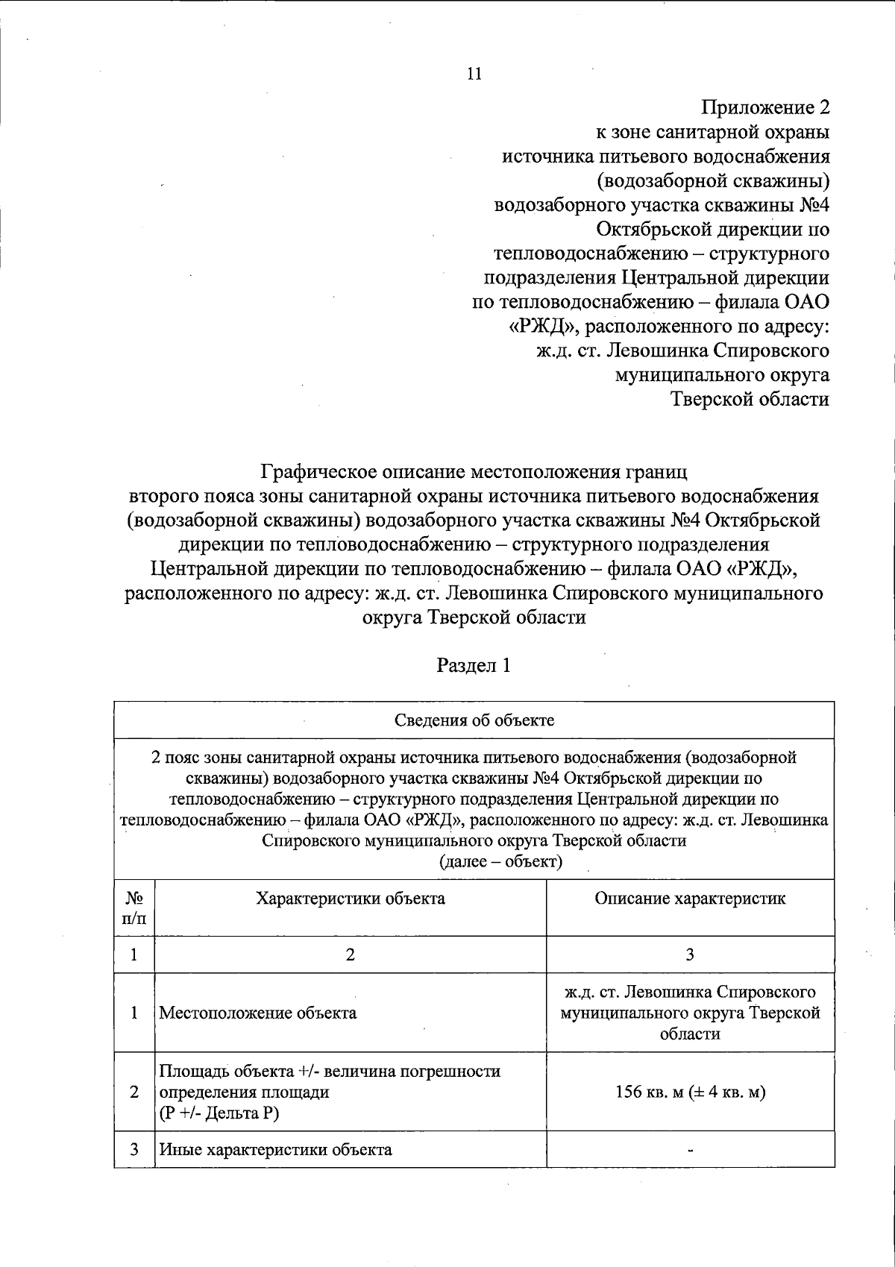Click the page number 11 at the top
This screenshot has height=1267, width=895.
click(x=474, y=73)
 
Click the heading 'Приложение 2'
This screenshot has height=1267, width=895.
click(x=765, y=107)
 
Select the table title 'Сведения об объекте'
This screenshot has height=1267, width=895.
click(x=474, y=720)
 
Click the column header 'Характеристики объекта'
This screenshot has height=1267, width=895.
click(x=351, y=898)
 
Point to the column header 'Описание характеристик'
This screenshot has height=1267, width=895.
click(x=690, y=898)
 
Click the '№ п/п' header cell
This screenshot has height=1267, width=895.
click(x=134, y=908)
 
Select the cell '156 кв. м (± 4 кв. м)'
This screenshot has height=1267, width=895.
click(x=690, y=1092)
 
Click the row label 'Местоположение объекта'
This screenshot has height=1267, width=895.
click(x=258, y=1013)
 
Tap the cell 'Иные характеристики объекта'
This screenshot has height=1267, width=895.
click(x=276, y=1149)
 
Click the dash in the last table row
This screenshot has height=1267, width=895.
click(x=691, y=1150)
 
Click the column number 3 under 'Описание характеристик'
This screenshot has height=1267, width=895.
click(x=690, y=955)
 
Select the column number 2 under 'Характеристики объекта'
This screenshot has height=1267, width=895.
click(x=351, y=955)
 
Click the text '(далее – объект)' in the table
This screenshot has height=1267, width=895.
click(x=500, y=862)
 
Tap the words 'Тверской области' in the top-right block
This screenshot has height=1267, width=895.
click(x=750, y=400)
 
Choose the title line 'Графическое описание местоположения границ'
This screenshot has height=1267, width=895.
click(x=474, y=472)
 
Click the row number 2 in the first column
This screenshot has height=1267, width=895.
click(x=134, y=1092)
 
